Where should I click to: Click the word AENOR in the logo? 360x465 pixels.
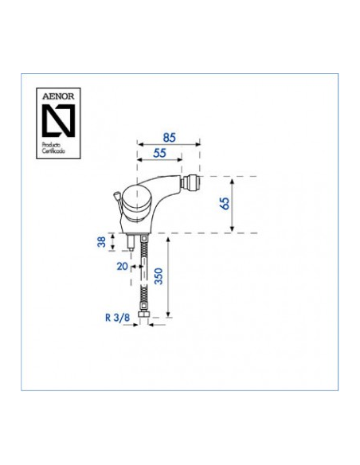coord(58,96)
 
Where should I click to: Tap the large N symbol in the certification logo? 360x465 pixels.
coord(58,121)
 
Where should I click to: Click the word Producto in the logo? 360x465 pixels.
coord(51,145)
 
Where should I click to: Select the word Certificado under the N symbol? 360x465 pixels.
coord(53,151)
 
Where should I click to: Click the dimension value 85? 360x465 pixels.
coord(170,138)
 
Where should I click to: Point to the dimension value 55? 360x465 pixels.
coord(159,154)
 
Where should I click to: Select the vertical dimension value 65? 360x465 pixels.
coord(225,204)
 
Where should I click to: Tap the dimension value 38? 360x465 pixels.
coord(102,242)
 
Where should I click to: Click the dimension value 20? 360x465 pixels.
coord(122,266)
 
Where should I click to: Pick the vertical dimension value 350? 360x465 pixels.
coord(159,276)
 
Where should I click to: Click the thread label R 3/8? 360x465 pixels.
coord(117,318)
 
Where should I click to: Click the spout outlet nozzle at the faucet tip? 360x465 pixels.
coord(192,182)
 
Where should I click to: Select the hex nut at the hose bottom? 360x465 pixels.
coord(144,315)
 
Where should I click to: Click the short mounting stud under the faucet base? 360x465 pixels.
coord(131,243)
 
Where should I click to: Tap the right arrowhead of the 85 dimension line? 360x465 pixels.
coord(198,144)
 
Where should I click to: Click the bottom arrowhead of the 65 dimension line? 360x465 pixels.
coord(233,229)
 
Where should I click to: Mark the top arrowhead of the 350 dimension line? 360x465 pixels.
coord(168,240)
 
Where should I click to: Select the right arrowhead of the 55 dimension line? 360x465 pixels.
coord(179,160)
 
